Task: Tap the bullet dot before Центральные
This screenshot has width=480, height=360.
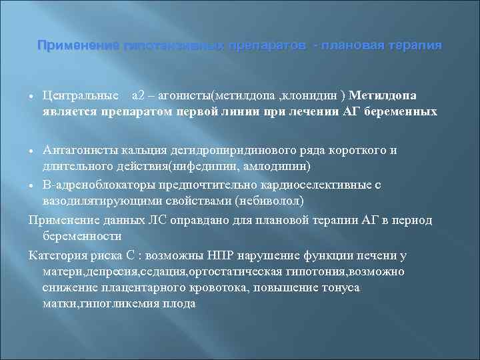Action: coord(32,96)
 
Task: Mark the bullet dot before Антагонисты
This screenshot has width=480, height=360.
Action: coord(32,151)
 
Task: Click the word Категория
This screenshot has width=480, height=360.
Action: coord(56,255)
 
